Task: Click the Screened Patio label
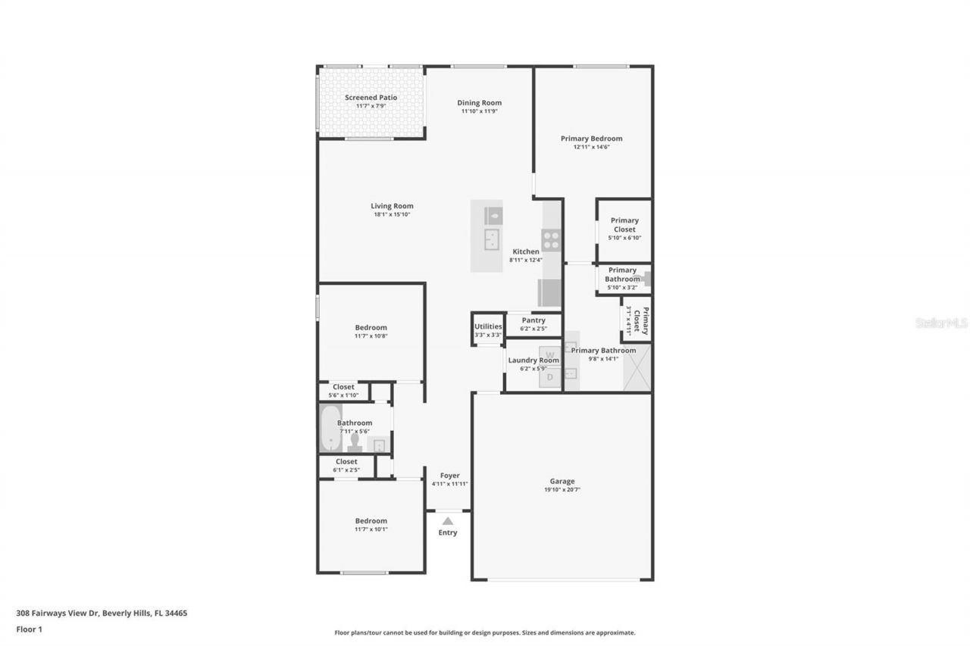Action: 371,98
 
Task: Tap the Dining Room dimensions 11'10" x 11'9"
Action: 479,111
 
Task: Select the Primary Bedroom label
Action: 591,139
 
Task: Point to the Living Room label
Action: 392,206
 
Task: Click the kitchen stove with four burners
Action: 551,240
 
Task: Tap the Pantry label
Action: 533,320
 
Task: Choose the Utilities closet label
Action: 488,326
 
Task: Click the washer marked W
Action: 551,354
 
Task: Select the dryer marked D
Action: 551,376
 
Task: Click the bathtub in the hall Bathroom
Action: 330,429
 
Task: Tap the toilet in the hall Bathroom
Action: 354,442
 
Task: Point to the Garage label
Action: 562,481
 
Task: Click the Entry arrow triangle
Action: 448,521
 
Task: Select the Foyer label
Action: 450,476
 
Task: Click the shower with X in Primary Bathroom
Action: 636,367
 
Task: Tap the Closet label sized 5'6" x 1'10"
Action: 343,387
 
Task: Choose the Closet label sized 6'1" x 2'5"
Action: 346,461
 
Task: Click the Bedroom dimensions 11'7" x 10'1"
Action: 371,529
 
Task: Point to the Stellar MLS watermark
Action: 941,323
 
